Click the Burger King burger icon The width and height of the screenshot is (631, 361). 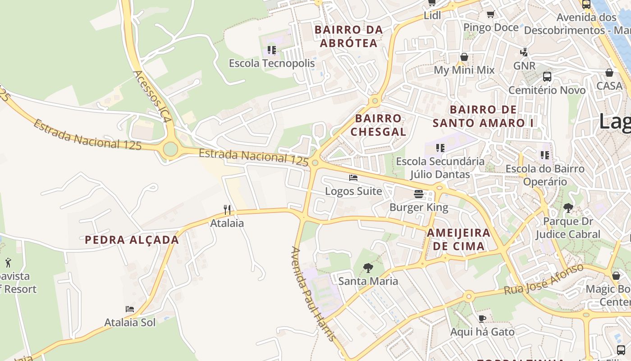tap(419, 194)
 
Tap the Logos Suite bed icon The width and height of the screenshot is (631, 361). tap(353, 178)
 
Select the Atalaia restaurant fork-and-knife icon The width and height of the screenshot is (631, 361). tap(227, 209)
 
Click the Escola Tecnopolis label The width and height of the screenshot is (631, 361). tap(272, 63)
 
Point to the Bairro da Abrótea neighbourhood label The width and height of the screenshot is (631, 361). tap(348, 36)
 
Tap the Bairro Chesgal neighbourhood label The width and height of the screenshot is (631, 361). tap(378, 125)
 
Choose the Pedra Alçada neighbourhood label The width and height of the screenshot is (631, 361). tap(132, 240)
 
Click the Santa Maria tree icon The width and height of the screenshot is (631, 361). tap(368, 268)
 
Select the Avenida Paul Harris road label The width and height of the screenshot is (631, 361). tap(314, 293)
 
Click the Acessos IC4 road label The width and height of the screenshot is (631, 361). tap(153, 97)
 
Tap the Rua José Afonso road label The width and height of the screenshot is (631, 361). tap(544, 280)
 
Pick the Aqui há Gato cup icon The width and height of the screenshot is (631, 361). tap(482, 319)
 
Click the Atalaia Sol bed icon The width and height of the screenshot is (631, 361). tap(130, 309)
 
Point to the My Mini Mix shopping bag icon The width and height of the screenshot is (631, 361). tap(464, 57)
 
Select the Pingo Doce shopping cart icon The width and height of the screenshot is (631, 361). tap(491, 14)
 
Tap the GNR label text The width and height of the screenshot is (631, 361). tap(525, 66)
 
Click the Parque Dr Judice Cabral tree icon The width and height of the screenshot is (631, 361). tap(568, 208)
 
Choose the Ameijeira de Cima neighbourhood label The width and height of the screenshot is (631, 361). tap(458, 239)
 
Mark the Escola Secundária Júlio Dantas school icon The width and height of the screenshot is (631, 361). tap(440, 148)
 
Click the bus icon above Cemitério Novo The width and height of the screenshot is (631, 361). tap(547, 76)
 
